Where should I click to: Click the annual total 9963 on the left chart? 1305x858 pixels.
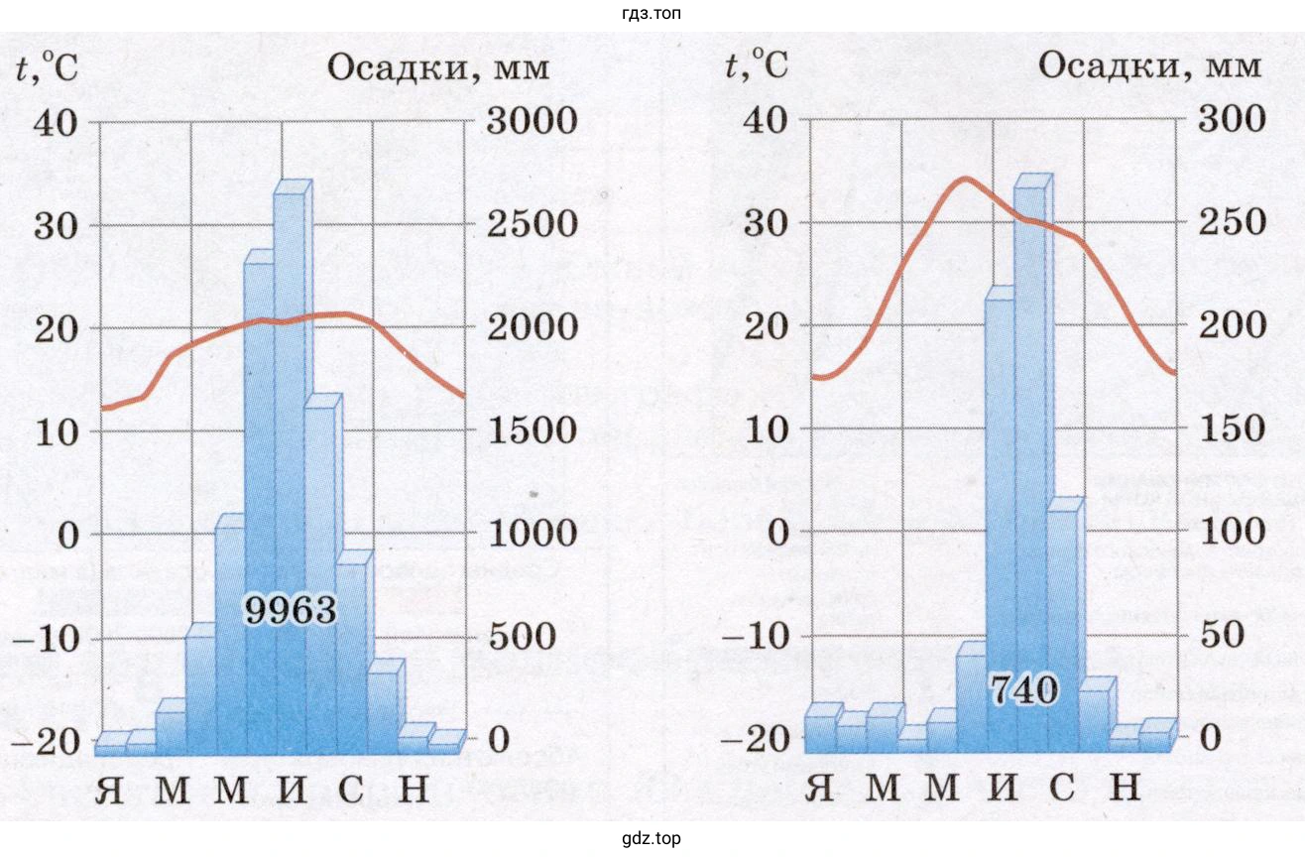pyautogui.click(x=291, y=610)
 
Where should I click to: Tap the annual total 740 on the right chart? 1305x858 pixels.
pyautogui.click(x=1022, y=689)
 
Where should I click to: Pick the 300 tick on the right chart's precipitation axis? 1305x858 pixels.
pyautogui.click(x=1234, y=119)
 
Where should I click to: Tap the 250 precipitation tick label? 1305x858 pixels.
pyautogui.click(x=1234, y=222)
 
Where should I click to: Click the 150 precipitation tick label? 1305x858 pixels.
pyautogui.click(x=1234, y=429)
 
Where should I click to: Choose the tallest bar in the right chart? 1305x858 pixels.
pyautogui.click(x=1031, y=456)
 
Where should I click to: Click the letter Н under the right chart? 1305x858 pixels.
pyautogui.click(x=1123, y=787)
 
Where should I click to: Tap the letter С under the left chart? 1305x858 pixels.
pyautogui.click(x=351, y=790)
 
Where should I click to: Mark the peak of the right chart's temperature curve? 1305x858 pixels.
pyautogui.click(x=963, y=180)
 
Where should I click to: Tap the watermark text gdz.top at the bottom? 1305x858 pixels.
pyautogui.click(x=651, y=838)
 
